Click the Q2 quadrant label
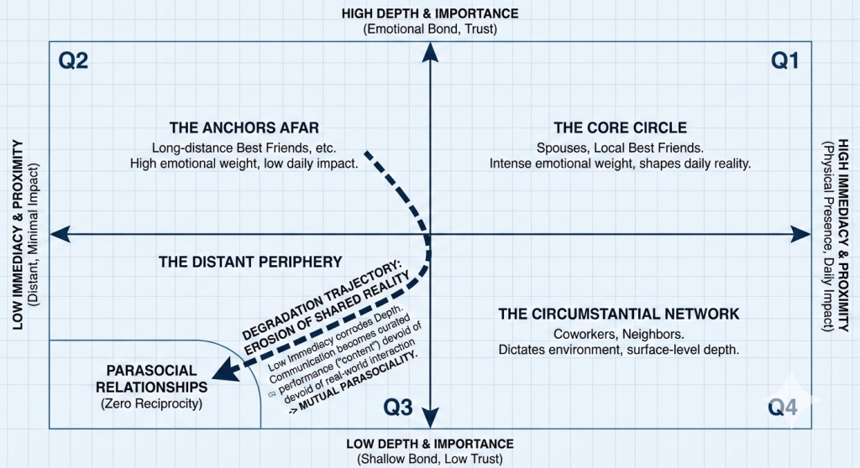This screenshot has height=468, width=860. [x=74, y=61]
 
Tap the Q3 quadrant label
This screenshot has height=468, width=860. [x=398, y=408]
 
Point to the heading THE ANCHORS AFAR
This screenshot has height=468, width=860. [x=244, y=128]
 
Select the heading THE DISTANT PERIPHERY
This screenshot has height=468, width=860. [x=250, y=262]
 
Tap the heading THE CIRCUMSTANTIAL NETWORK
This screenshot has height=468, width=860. [x=618, y=314]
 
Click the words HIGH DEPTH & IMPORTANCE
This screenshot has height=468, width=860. [x=429, y=13]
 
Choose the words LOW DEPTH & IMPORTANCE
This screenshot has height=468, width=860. [x=429, y=444]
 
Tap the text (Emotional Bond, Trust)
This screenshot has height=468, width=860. [x=429, y=29]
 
